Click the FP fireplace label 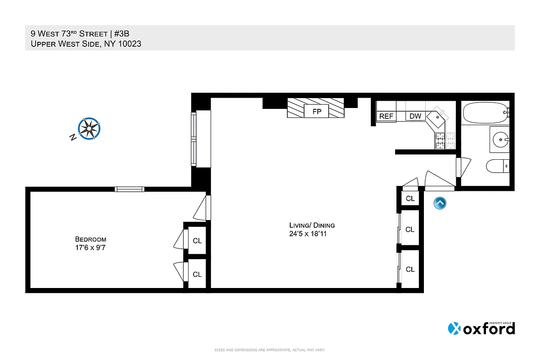tap(317, 112)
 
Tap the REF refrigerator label tap(386, 116)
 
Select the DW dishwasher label tap(415, 116)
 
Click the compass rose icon tap(89, 128)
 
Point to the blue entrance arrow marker tap(440, 203)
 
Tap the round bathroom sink tap(499, 139)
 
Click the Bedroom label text tap(90, 239)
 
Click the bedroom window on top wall tap(129, 189)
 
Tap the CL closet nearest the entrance tap(410, 198)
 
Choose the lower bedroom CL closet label tap(197, 274)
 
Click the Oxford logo tap(481, 328)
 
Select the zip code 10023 tap(128, 44)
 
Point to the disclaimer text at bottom tap(270, 350)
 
